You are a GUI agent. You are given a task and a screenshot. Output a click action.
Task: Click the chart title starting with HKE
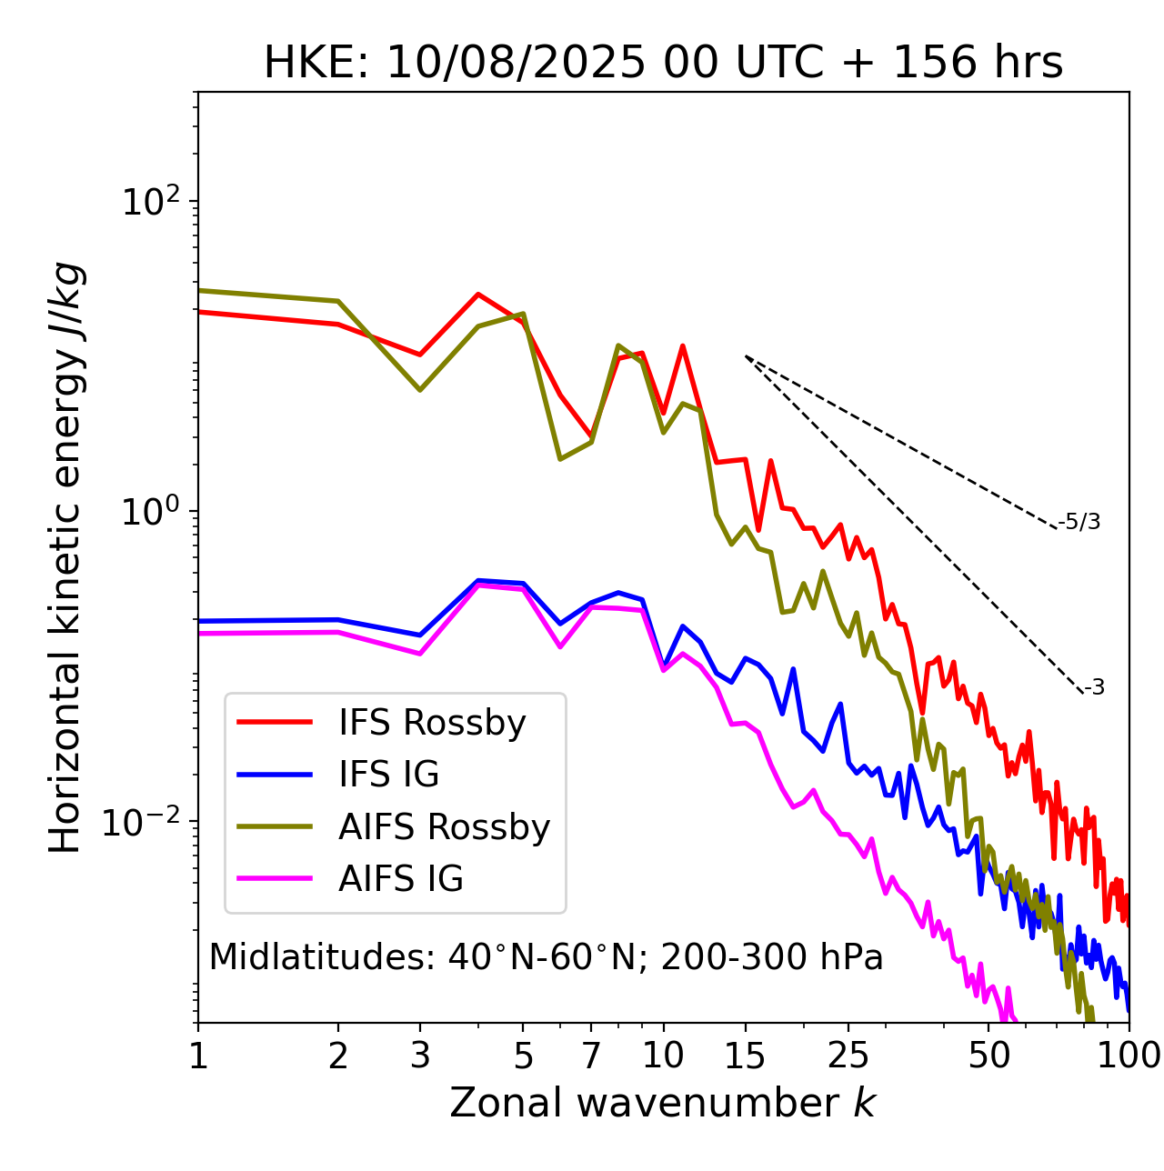click(663, 64)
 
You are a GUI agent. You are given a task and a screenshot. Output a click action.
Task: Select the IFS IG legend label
click(388, 775)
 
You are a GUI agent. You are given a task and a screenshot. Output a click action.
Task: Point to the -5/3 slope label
click(1079, 522)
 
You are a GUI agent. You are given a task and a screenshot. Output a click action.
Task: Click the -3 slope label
click(1094, 688)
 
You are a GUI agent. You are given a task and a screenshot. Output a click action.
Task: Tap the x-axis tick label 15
click(745, 1056)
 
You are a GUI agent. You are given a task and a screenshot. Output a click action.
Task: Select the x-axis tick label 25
click(848, 1056)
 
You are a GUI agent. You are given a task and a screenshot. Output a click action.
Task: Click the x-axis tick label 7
click(591, 1056)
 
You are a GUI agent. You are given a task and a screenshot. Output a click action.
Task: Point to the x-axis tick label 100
click(1129, 1056)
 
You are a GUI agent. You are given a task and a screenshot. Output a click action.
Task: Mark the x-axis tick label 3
click(419, 1056)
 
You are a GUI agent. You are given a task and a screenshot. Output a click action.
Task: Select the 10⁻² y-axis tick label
click(145, 821)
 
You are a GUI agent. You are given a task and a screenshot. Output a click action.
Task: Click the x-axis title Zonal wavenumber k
click(662, 1103)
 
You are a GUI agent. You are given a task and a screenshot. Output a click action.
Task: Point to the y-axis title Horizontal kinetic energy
click(66, 557)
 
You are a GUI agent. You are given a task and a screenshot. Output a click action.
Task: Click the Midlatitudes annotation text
click(546, 957)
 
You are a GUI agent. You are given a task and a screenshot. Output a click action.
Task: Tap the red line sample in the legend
click(275, 723)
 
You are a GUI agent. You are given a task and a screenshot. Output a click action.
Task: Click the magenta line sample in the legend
click(275, 879)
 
